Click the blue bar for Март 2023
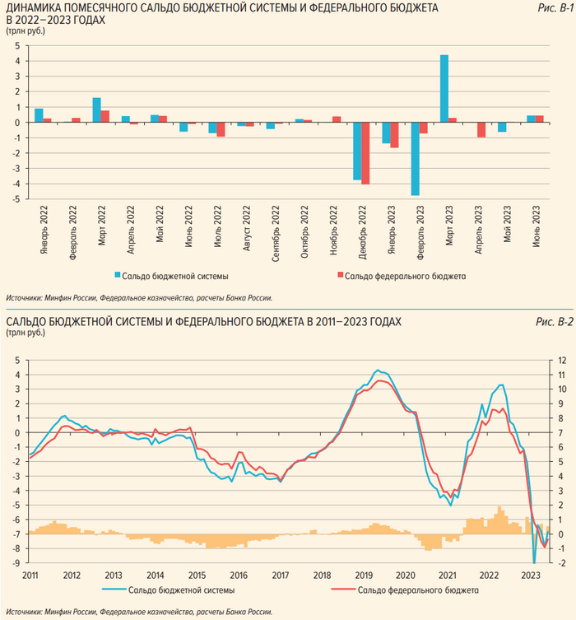coord(444,88)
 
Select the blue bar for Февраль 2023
coord(416,159)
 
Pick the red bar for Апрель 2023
coord(481,130)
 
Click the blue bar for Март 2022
coord(96,110)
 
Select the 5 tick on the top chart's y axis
coord(16,46)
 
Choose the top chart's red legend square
coord(339,276)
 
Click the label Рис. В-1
coord(555,7)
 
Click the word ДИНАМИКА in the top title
coord(33,7)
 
